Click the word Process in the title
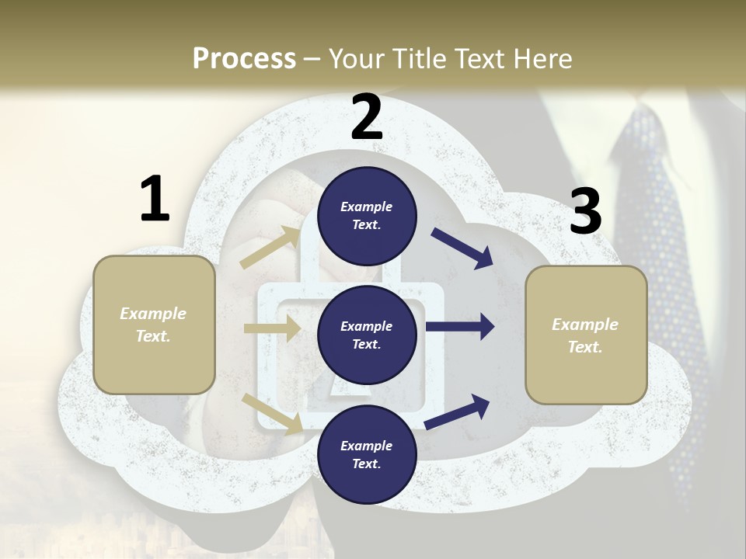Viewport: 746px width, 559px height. click(244, 58)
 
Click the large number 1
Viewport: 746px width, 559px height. click(155, 200)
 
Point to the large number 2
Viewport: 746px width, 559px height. click(367, 117)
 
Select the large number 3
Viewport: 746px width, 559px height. click(585, 211)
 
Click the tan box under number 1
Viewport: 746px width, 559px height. click(154, 325)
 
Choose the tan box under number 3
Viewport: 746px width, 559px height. click(586, 335)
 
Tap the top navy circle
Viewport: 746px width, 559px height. click(367, 216)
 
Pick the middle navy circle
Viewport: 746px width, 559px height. click(367, 335)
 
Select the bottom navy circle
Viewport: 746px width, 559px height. click(367, 454)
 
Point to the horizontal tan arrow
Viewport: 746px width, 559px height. click(272, 329)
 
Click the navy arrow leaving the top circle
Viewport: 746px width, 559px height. click(462, 248)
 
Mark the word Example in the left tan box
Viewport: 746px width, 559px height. click(153, 314)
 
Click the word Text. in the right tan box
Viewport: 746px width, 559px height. click(585, 347)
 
